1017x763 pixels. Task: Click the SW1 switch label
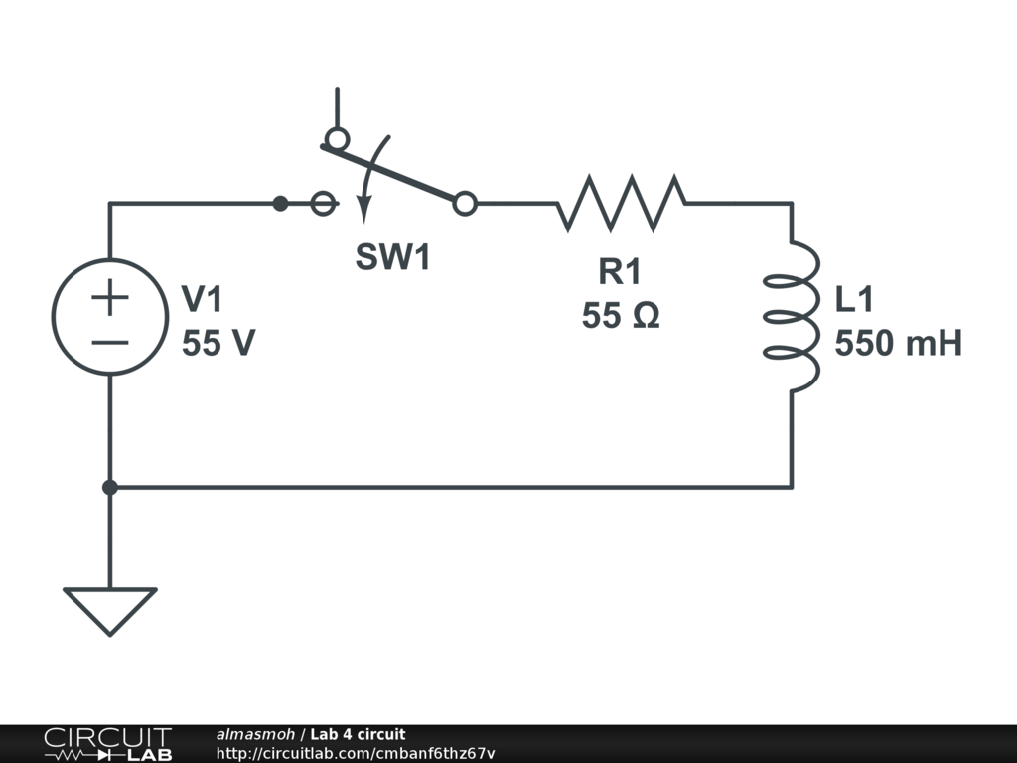(394, 258)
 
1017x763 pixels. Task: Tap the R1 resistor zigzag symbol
(621, 203)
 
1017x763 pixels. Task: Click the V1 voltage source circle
(109, 317)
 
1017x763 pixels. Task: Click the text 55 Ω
(621, 316)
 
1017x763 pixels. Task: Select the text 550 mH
(898, 344)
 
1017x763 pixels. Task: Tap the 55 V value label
(218, 344)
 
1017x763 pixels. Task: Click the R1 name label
(620, 271)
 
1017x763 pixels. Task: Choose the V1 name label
(204, 299)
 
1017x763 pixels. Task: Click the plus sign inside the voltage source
(109, 297)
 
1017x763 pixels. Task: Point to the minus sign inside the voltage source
(109, 342)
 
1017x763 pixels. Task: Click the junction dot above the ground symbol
(109, 487)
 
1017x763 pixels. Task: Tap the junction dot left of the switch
(280, 204)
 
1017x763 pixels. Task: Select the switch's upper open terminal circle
(337, 137)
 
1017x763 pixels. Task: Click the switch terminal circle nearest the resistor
(464, 204)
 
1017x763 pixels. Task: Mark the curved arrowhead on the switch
(363, 211)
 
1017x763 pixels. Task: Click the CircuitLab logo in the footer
(107, 744)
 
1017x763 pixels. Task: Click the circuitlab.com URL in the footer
(355, 753)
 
